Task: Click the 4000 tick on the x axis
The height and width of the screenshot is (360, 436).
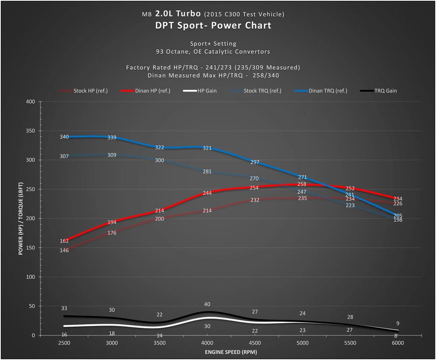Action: coord(207,343)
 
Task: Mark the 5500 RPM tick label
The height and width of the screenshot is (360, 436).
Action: coord(350,343)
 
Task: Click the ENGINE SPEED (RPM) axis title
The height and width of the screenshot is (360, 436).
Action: coord(231,352)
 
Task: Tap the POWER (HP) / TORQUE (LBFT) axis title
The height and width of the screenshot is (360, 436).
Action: coord(20,218)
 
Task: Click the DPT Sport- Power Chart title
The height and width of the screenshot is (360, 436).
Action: coord(213,26)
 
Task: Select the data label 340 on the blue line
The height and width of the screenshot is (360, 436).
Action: coord(64,137)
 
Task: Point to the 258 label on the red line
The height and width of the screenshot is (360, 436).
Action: coord(302,184)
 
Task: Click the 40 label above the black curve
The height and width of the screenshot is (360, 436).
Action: coord(207,304)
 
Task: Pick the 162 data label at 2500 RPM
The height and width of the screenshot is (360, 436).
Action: coord(64,241)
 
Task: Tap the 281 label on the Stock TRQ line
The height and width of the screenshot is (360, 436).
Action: coord(207,171)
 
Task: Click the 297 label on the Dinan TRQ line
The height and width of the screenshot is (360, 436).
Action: coord(255,162)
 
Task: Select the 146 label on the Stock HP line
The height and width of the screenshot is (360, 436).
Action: coord(64,250)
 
